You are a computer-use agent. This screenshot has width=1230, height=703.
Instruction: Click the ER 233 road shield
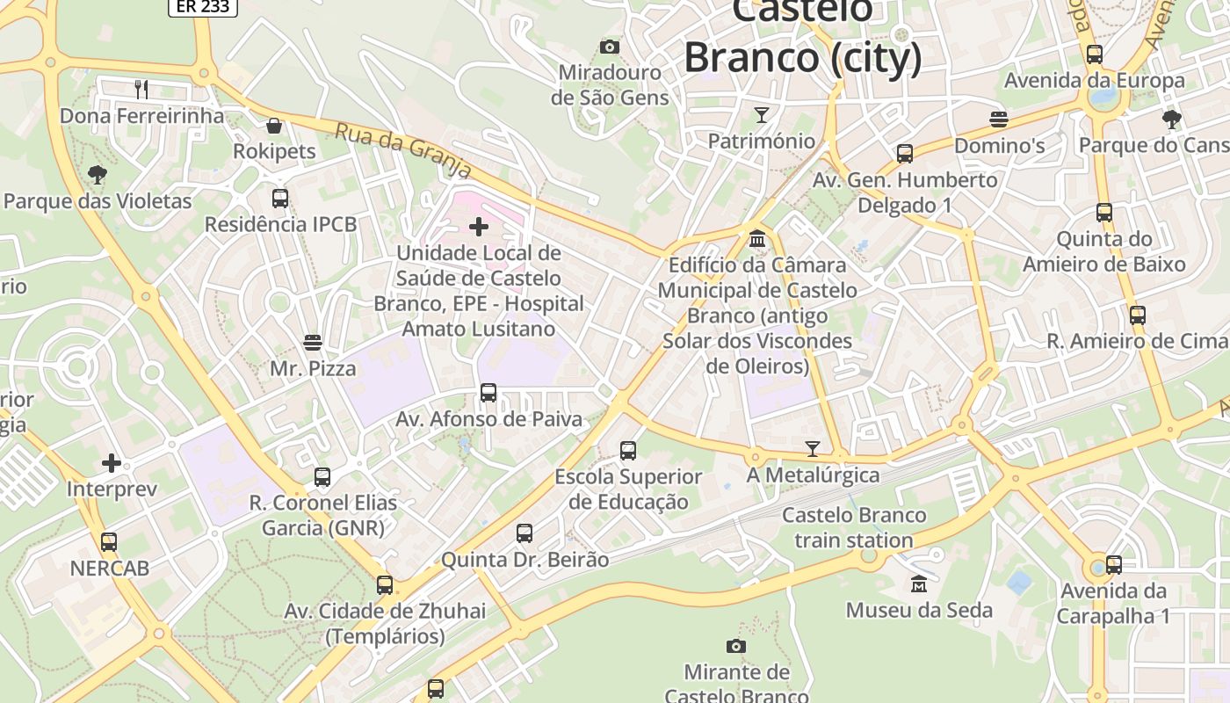tap(203, 6)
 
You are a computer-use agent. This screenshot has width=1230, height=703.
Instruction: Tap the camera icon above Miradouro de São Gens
tap(610, 47)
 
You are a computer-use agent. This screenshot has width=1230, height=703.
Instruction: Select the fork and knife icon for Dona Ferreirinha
tap(141, 89)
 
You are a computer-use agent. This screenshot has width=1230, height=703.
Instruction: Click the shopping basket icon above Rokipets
tap(274, 126)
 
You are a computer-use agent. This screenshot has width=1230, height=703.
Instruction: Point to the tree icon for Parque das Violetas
tap(98, 175)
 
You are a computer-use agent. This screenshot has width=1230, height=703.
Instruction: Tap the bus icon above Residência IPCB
tap(280, 199)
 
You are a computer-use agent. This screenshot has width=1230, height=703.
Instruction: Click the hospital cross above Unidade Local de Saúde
tap(479, 228)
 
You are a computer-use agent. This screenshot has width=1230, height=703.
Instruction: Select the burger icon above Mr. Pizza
tap(313, 342)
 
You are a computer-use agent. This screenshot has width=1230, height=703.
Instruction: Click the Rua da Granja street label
tap(403, 150)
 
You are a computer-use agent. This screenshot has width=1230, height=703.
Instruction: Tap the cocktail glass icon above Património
tap(762, 115)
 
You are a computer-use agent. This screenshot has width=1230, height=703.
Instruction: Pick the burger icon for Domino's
tap(999, 119)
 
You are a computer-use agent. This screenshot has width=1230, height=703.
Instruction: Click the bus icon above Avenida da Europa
tap(1095, 54)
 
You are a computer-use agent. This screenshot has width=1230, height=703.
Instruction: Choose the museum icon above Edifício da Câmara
tap(757, 238)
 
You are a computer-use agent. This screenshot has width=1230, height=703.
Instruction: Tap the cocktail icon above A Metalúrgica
tap(813, 449)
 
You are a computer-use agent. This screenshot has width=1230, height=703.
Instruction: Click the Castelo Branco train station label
tap(854, 527)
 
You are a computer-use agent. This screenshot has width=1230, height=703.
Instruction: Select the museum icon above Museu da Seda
tap(919, 583)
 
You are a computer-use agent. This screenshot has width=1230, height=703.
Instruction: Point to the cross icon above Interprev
tap(112, 463)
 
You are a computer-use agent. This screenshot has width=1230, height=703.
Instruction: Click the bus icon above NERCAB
tap(109, 542)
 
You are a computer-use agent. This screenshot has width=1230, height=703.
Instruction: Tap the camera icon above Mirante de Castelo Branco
tap(736, 647)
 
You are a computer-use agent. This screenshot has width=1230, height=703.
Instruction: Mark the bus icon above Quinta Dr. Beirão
tap(525, 533)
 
